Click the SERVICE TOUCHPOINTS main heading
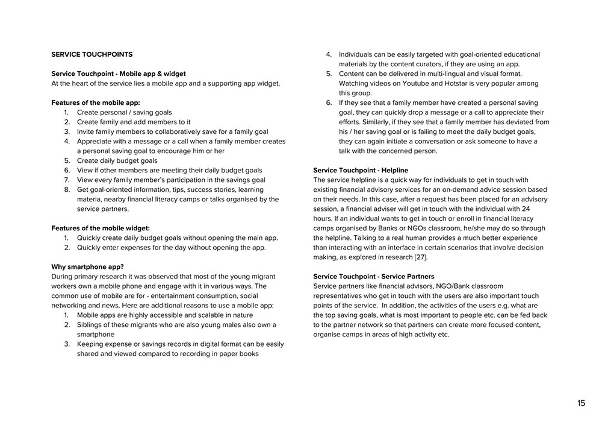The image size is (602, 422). coord(92,54)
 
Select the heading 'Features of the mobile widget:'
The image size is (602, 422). coord(101,228)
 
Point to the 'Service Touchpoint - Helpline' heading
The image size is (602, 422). coord(361,171)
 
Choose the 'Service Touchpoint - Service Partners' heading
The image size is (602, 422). coord(373,277)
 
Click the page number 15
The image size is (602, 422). coord(581,403)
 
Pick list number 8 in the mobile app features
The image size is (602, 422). coord(67,189)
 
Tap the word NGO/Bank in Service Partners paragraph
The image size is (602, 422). coord(441,286)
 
